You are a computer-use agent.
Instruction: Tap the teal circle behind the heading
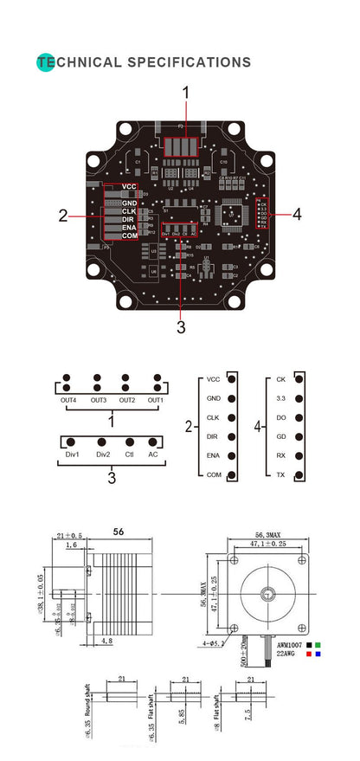click(45, 62)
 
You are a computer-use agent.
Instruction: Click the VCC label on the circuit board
click(129, 187)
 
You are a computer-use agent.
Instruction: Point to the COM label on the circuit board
click(129, 235)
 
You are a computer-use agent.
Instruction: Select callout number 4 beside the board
click(297, 214)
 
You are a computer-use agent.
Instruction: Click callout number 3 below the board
click(181, 326)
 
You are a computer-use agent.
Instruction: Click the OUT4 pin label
click(67, 399)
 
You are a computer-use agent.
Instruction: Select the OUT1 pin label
click(156, 399)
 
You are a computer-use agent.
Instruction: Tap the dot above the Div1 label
click(73, 442)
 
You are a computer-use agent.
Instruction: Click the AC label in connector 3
click(153, 454)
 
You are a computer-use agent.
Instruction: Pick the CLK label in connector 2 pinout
click(214, 417)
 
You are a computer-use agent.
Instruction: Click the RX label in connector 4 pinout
click(281, 456)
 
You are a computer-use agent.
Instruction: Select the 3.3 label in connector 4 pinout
click(281, 398)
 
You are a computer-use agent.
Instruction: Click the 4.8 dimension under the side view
click(105, 642)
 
